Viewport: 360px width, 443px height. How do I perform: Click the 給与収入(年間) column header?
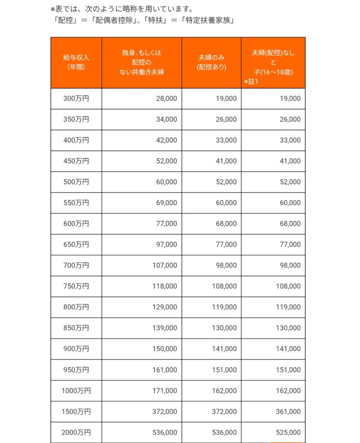click(x=76, y=62)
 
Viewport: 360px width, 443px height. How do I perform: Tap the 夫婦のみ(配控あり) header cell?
click(x=211, y=62)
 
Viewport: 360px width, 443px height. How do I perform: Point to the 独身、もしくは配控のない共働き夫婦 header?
click(x=142, y=62)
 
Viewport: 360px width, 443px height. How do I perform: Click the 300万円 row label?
click(x=76, y=98)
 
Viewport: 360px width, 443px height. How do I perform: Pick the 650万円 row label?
click(x=76, y=245)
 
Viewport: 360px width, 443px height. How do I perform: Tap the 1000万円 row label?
click(x=76, y=391)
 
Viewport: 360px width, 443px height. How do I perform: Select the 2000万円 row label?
click(x=76, y=432)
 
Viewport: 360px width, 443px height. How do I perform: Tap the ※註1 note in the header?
click(x=251, y=82)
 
